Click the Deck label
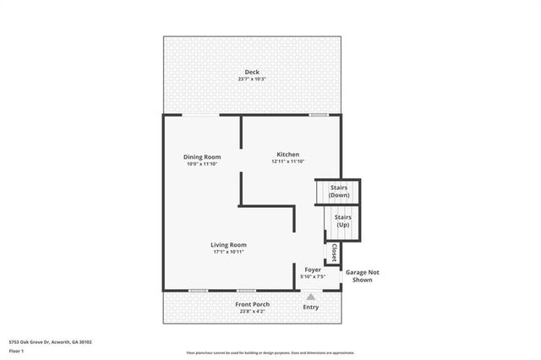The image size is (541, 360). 252,72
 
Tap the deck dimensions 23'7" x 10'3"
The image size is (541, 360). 252,79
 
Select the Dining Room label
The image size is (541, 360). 203,156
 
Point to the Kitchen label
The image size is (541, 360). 288,154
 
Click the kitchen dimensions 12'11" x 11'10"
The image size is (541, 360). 288,161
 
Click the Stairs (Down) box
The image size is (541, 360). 338,191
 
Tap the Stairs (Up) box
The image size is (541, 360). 343,221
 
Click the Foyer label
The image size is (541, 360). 313,270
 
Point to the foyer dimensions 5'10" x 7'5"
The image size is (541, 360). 313,276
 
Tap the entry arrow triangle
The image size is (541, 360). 311,297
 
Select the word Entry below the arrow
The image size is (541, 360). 311,307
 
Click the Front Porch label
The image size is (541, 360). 251,304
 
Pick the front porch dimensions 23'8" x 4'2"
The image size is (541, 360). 251,312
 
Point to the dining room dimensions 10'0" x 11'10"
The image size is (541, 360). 203,164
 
